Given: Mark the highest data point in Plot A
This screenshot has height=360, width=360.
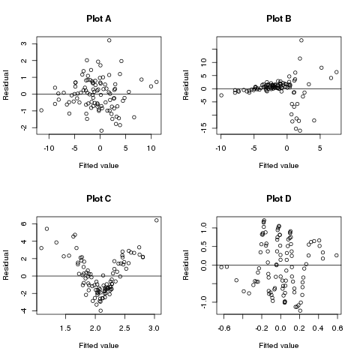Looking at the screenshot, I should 109,40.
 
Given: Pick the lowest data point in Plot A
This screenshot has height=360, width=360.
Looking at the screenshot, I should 101,130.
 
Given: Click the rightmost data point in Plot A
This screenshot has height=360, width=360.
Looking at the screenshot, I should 157,82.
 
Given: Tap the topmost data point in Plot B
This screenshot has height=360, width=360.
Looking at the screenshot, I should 301,40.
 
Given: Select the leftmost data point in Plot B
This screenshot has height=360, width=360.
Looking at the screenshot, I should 221,95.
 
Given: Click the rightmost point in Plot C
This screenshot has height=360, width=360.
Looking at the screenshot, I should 157,220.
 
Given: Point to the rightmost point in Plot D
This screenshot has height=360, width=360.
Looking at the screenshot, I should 337,255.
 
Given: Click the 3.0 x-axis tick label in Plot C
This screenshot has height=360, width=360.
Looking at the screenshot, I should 154,327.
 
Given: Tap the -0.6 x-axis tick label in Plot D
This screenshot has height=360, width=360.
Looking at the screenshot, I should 224,327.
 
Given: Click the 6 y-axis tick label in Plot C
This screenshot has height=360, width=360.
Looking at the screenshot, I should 26,223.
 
